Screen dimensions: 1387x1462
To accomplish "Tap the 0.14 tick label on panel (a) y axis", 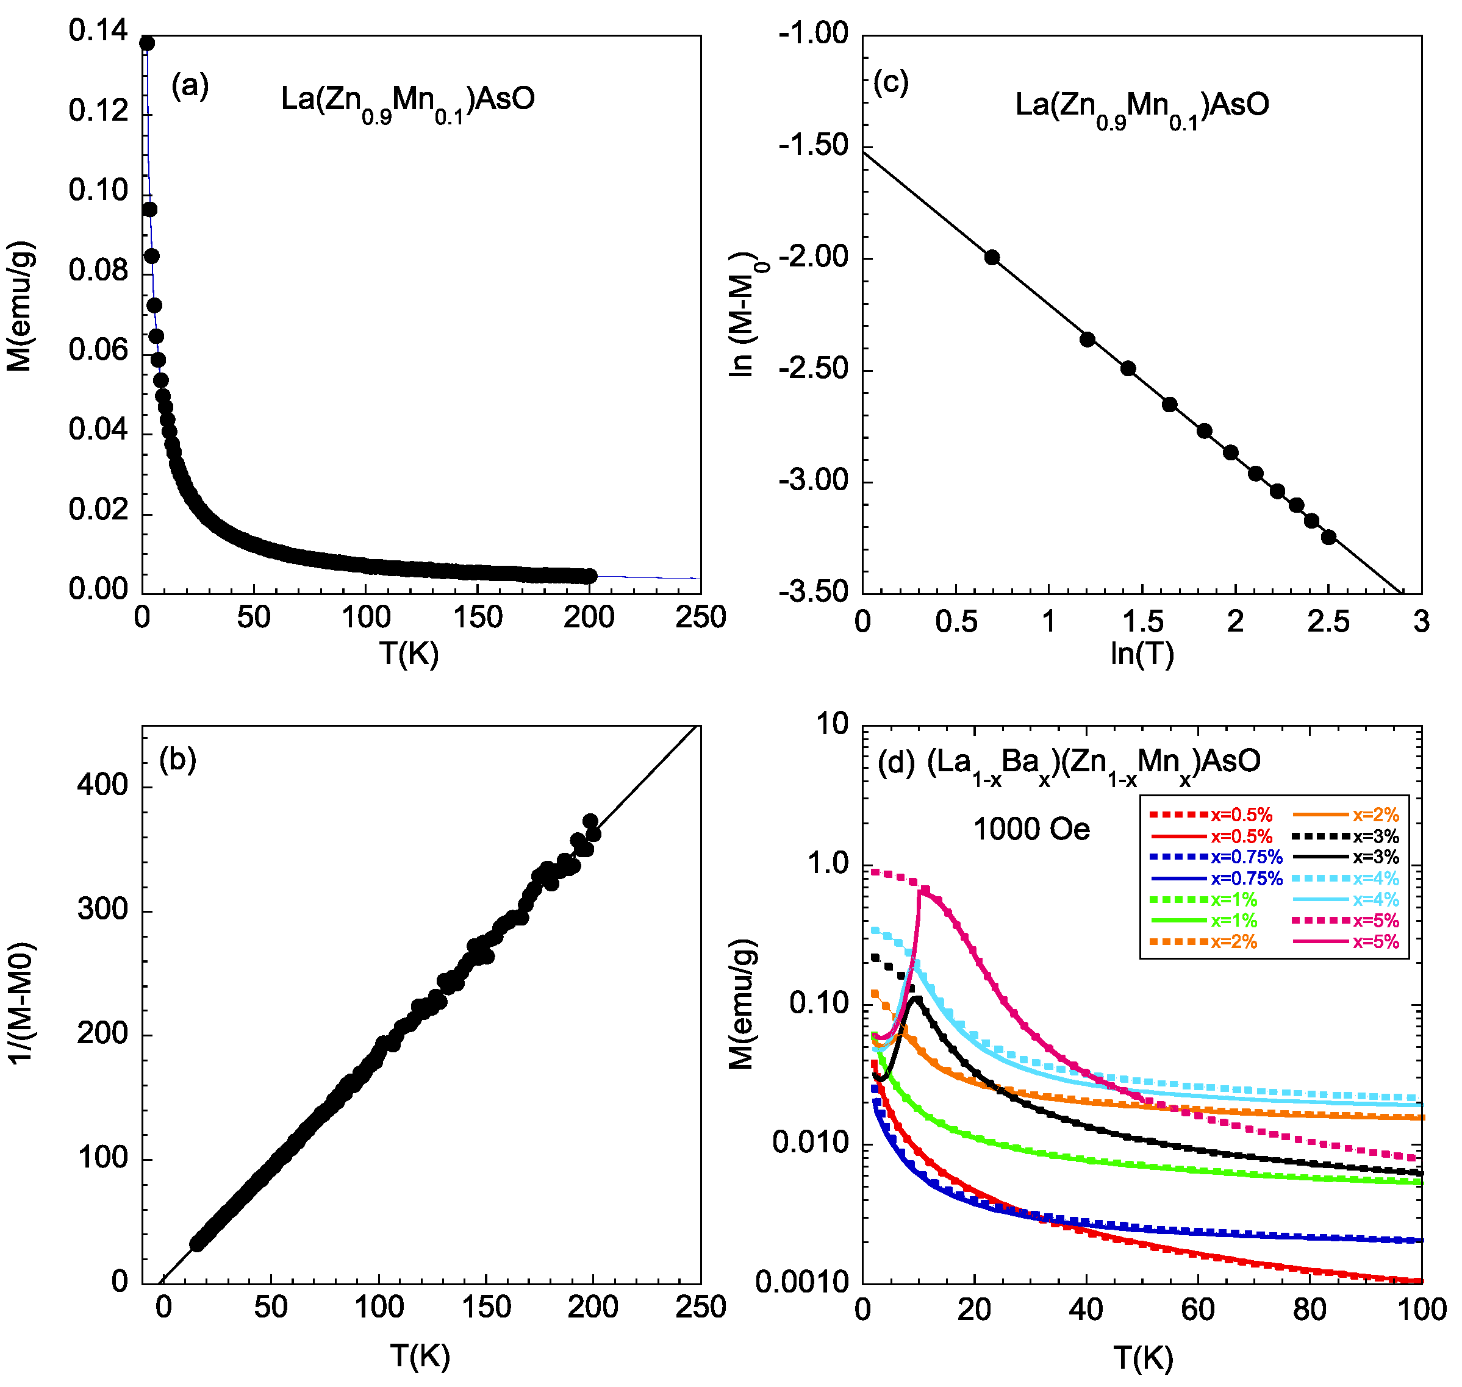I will (98, 31).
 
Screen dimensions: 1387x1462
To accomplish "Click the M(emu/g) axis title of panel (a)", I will (20, 305).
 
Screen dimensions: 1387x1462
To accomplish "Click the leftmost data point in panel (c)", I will (992, 257).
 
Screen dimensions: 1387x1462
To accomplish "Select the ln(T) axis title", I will (1142, 653).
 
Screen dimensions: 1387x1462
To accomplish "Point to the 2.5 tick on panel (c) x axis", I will (1328, 622).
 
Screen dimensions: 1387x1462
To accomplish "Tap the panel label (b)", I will (177, 760).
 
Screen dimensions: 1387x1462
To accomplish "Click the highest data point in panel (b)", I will (590, 821).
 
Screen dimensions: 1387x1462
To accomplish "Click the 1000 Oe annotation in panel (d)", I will (1031, 830).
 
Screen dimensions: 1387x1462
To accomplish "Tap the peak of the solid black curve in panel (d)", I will (916, 998).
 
